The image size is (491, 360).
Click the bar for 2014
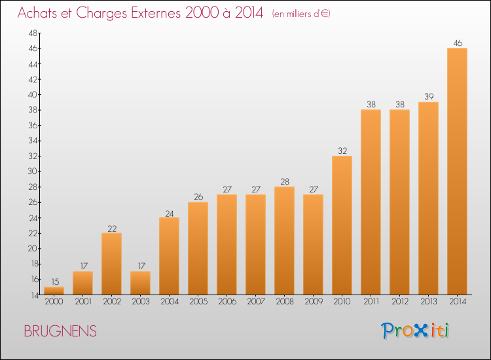pos(457,171)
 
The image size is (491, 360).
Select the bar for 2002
pos(111,264)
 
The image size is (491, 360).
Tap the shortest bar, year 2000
pos(54,291)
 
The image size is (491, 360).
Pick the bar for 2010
pos(342,225)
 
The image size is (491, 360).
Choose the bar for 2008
pos(284,240)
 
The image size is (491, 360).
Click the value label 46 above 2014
pos(457,43)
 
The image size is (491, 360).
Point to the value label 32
pos(342,151)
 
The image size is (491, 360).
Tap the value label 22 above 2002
pos(111,228)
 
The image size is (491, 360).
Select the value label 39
pos(428,97)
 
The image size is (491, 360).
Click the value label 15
pos(54,281)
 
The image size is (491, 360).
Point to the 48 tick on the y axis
pos(32,33)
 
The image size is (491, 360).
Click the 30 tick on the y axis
pos(32,171)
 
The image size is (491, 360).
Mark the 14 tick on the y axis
pos(32,295)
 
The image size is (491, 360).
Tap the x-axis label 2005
pos(198,302)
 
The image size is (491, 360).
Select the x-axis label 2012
pos(399,302)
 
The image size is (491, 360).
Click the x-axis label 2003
pos(140,302)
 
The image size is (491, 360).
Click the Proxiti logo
pos(416,331)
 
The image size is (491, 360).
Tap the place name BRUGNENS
pos(60,332)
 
